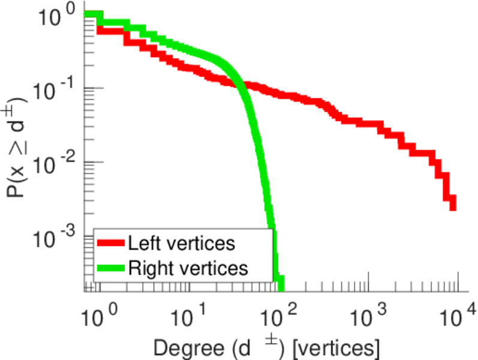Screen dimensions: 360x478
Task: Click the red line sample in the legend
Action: coord(112,243)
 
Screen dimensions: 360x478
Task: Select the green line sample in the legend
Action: coord(112,268)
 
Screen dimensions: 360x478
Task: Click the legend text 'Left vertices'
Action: coord(181,243)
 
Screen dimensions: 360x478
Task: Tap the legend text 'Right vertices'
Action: coord(188,268)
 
